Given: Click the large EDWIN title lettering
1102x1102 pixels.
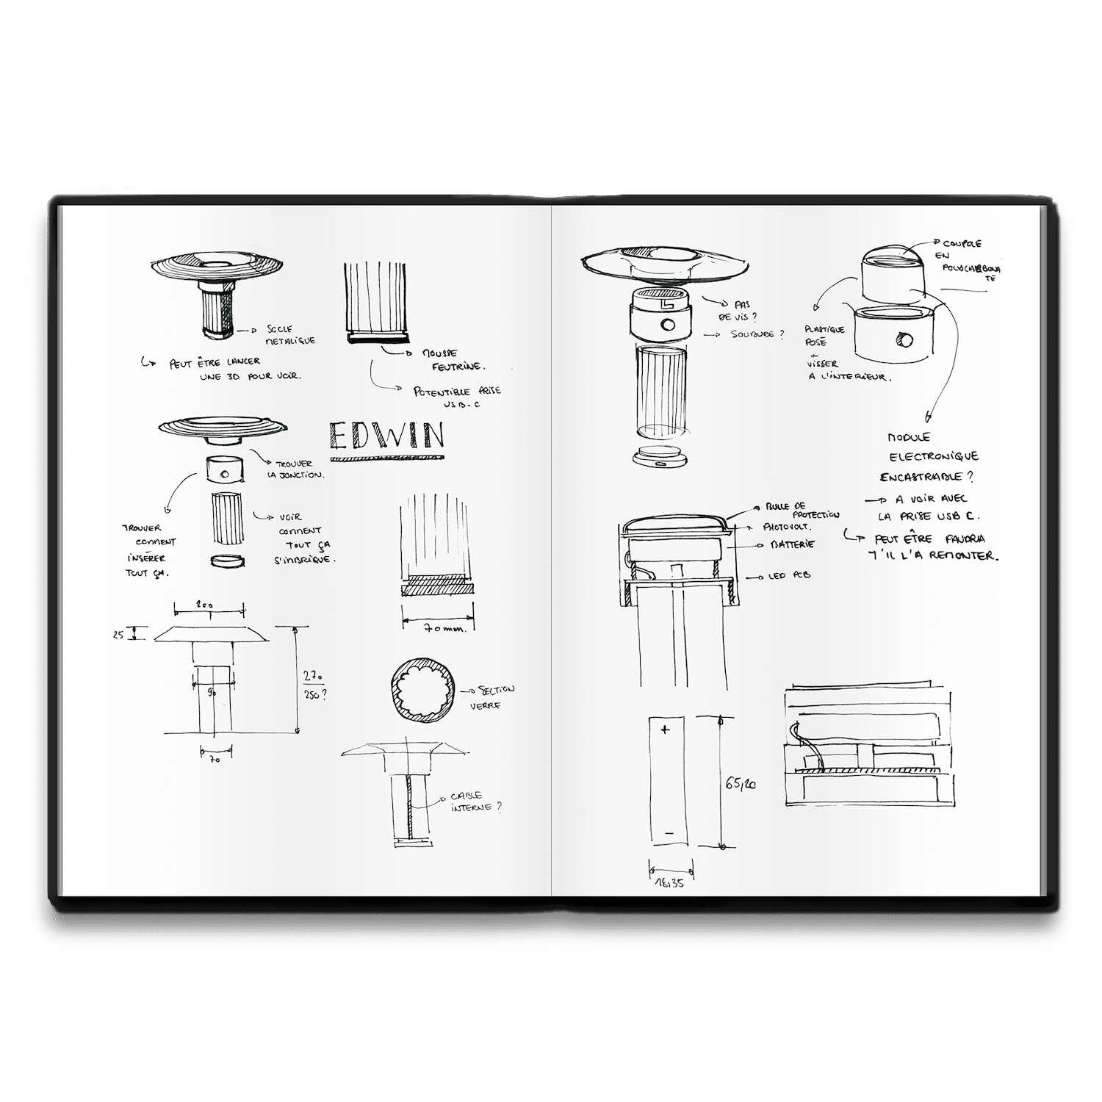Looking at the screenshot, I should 387,436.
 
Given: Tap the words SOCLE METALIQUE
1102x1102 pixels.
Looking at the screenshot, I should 291,335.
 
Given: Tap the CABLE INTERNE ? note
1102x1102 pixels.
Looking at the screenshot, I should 478,802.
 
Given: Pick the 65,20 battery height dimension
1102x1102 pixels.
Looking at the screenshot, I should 743,785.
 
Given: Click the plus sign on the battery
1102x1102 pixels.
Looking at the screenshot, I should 666,730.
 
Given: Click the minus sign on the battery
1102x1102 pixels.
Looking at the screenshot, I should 668,834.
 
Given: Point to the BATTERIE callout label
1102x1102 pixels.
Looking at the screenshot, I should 791,545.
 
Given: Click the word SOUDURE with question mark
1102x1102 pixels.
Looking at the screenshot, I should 756,334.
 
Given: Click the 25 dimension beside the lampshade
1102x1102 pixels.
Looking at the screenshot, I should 118,635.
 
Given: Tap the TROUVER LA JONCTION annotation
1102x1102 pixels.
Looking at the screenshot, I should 297,469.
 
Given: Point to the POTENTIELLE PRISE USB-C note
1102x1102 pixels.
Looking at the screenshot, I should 458,396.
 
